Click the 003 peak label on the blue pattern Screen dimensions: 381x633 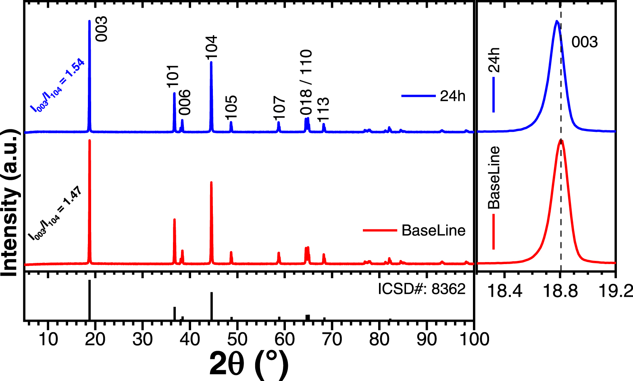pyautogui.click(x=102, y=29)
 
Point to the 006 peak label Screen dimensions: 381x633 pyautogui.click(x=185, y=102)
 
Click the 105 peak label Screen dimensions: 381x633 pyautogui.click(x=231, y=108)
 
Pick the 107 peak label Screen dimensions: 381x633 pyautogui.click(x=279, y=108)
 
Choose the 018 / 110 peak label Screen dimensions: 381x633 pyautogui.click(x=306, y=82)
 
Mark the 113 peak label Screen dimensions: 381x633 pyautogui.click(x=323, y=109)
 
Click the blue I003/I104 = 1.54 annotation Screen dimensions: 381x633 pyautogui.click(x=57, y=85)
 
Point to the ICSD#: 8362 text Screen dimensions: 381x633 pyautogui.click(x=422, y=289)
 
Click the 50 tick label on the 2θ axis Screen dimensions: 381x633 pyautogui.click(x=237, y=339)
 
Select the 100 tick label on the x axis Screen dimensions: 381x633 pyautogui.click(x=474, y=339)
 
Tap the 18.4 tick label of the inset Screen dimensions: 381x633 pyautogui.click(x=504, y=290)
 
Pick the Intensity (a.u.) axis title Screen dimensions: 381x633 pyautogui.click(x=10, y=203)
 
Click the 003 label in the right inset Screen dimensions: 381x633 pyautogui.click(x=584, y=42)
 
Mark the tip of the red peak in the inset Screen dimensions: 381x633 pyautogui.click(x=561, y=140)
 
